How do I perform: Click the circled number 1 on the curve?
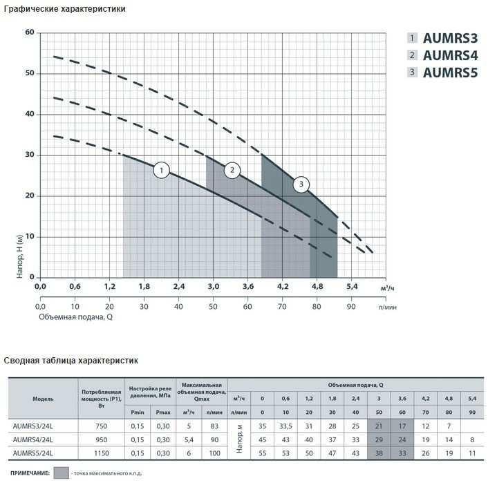click(161, 170)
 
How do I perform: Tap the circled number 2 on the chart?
click(233, 170)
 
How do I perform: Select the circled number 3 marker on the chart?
click(301, 184)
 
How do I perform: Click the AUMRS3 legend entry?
click(449, 38)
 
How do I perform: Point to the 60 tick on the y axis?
click(29, 32)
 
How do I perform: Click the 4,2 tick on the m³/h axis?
click(282, 286)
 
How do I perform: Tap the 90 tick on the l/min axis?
click(350, 306)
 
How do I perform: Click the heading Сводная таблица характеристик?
click(71, 360)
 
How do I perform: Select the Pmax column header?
click(163, 412)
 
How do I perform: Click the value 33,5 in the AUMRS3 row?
click(285, 426)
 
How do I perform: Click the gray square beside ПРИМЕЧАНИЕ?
click(62, 474)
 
